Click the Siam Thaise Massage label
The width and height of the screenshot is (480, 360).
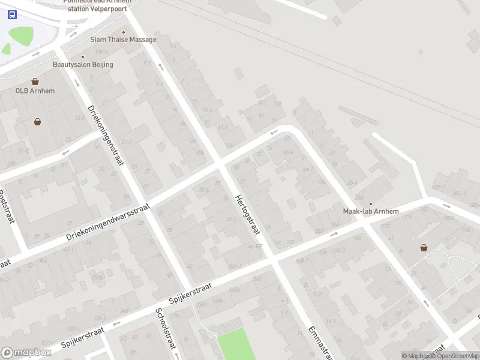(123, 40)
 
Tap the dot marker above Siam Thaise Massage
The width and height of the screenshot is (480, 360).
(124, 32)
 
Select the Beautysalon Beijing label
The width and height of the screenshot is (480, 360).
(83, 64)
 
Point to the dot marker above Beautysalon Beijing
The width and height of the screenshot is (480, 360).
(83, 56)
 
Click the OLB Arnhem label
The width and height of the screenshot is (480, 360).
(35, 91)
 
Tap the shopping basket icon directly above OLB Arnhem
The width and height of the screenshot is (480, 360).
(35, 81)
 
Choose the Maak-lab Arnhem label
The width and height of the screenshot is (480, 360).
(370, 211)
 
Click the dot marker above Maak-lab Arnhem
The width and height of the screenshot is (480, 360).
(370, 204)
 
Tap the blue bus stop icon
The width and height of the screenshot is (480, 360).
(12, 14)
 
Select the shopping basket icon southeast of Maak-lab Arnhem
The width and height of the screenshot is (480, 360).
(424, 247)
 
